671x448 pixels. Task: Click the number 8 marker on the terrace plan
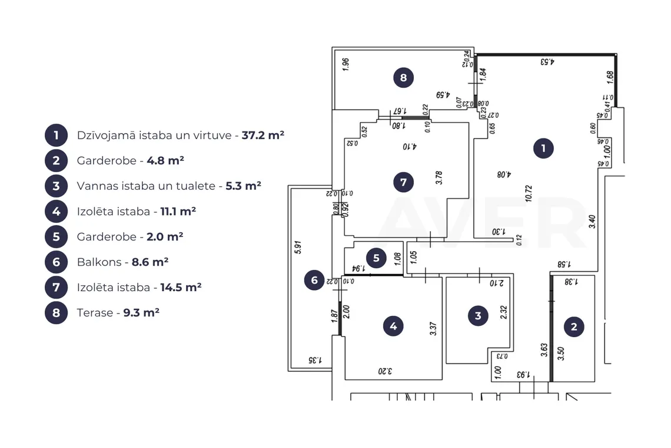403,78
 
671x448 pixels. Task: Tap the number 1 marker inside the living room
543,149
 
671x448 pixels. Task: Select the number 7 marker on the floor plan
403,182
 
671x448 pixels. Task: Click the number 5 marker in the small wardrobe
376,258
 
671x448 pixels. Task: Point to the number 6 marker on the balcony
314,280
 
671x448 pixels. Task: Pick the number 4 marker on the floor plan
393,326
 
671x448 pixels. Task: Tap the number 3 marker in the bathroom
478,316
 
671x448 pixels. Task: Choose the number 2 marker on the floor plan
574,327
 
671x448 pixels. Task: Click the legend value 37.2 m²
263,135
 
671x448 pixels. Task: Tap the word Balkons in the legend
99,262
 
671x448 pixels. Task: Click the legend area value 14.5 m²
181,287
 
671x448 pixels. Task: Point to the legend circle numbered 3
56,186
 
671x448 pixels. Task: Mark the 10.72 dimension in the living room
529,193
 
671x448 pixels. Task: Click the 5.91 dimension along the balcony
298,248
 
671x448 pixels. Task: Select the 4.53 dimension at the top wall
547,62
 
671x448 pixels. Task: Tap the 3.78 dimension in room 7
439,177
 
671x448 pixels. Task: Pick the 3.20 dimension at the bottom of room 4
385,371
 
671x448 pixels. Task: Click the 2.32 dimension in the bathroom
503,312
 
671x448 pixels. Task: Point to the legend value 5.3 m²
243,186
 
